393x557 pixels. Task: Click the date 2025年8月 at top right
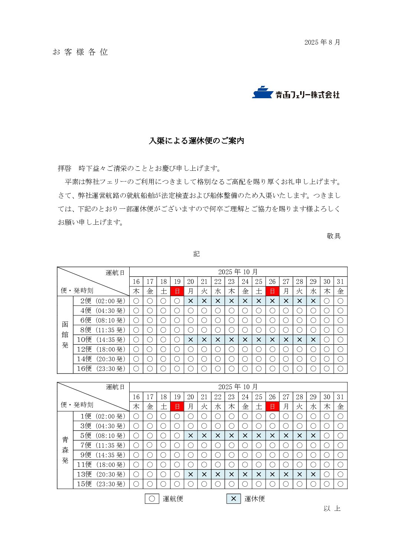pos(322,42)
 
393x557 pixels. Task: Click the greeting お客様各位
pos(80,52)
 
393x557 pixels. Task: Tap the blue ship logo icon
pos(262,92)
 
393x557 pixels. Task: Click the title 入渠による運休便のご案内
pos(196,141)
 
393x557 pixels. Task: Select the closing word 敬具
pos(334,236)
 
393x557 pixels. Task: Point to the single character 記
pos(196,254)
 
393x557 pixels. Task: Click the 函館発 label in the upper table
pos(65,335)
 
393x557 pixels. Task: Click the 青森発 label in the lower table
pos(65,450)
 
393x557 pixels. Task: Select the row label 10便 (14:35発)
pos(101,340)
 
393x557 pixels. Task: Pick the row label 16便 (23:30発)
pos(101,369)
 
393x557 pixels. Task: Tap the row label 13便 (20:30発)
pos(101,474)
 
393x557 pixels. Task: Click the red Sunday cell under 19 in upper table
pos(177,291)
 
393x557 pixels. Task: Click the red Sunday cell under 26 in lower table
pos(272,407)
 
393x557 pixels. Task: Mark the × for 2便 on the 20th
pos(191,301)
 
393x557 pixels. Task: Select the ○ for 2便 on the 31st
pos(341,301)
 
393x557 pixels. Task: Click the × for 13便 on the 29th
pos(313,474)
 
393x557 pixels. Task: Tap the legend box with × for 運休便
pos(233,499)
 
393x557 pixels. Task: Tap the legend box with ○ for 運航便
pos(152,499)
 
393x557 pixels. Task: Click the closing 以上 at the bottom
pos(332,509)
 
